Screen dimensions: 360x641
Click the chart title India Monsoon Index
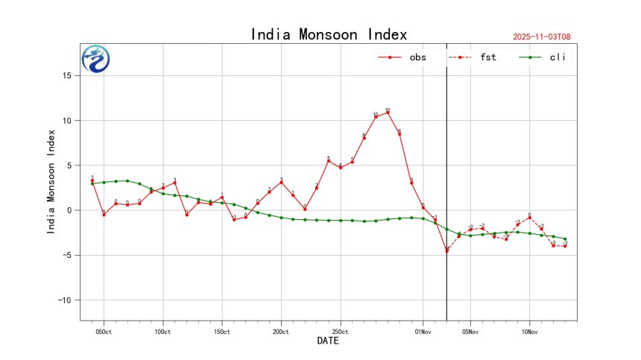point(329,34)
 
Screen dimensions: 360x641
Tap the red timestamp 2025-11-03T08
point(547,37)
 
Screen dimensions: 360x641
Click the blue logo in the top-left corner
point(95,59)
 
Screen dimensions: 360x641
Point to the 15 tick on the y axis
point(67,76)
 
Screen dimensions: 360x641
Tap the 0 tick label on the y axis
point(70,210)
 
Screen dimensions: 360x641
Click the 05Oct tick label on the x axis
point(104,332)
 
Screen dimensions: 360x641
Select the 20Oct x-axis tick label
point(281,332)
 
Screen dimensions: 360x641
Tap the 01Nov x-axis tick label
point(423,332)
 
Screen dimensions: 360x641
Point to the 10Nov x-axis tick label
point(529,332)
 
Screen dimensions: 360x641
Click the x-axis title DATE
point(329,341)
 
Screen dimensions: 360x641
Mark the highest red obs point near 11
point(388,113)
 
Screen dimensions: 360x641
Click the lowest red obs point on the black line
point(446,250)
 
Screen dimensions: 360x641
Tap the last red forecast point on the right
point(565,246)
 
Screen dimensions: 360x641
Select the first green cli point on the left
point(92,183)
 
